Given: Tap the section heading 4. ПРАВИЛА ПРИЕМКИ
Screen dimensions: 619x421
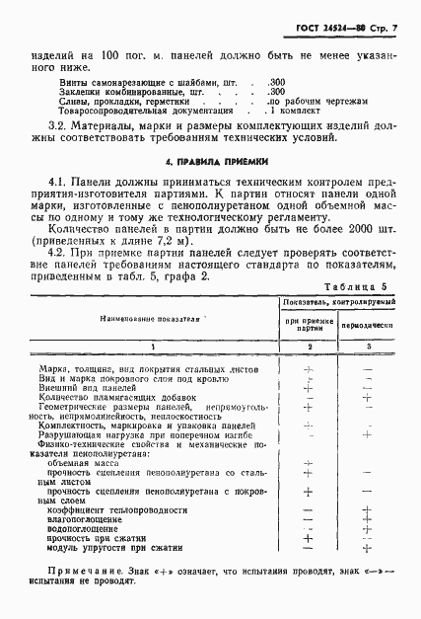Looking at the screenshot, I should (x=211, y=160).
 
